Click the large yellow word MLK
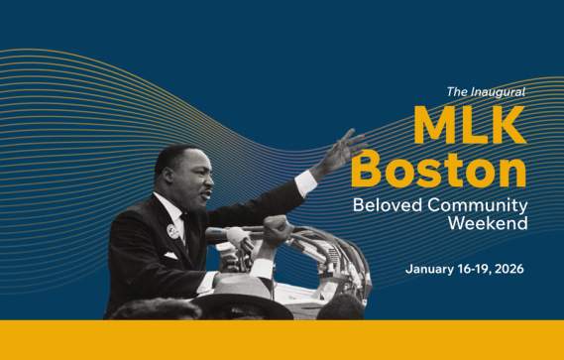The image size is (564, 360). pyautogui.click(x=469, y=125)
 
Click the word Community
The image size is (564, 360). pyautogui.click(x=480, y=205)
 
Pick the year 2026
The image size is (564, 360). pyautogui.click(x=506, y=269)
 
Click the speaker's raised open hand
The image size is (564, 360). pyautogui.click(x=342, y=151)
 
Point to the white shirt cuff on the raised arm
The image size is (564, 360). pyautogui.click(x=306, y=181)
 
